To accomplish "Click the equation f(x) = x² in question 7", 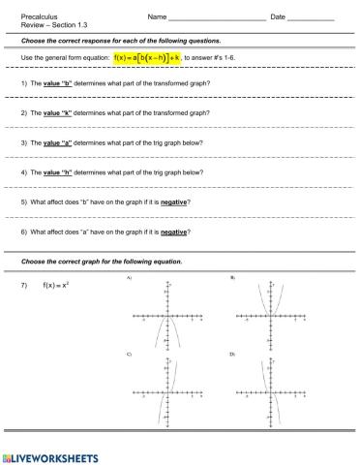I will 57,285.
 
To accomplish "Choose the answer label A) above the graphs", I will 128,278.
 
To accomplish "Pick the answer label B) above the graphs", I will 233,278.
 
